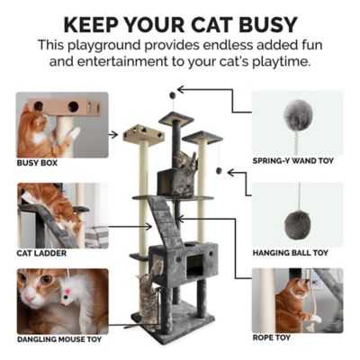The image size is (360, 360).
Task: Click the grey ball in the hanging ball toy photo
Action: click(x=297, y=223)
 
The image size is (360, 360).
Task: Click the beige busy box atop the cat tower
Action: click(x=144, y=133)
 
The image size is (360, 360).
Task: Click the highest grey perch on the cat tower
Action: click(x=175, y=118)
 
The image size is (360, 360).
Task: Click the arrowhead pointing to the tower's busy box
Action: click(x=115, y=134)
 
